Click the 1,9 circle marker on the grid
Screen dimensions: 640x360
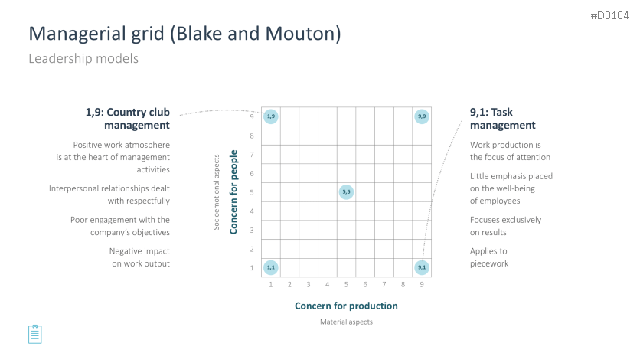(271, 116)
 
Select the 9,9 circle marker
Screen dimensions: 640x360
(422, 116)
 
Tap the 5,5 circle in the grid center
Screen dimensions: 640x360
(346, 191)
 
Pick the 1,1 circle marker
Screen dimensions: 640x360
(271, 268)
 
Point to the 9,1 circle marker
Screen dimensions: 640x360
(422, 268)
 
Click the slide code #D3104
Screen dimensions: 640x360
(609, 15)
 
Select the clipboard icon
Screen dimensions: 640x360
(35, 334)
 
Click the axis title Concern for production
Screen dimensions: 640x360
(346, 306)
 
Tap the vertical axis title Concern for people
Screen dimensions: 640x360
(233, 191)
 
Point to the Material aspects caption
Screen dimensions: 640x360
(346, 322)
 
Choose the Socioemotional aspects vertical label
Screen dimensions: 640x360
(217, 191)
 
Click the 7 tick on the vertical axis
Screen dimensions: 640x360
(252, 154)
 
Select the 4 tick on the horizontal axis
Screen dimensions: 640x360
(328, 284)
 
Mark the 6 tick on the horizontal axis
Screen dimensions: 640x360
(365, 284)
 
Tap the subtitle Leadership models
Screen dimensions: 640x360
(83, 58)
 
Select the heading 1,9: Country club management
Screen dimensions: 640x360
(127, 119)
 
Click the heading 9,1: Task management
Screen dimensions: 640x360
(502, 119)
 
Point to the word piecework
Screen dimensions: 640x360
(489, 263)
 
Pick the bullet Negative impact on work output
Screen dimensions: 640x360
(139, 257)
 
